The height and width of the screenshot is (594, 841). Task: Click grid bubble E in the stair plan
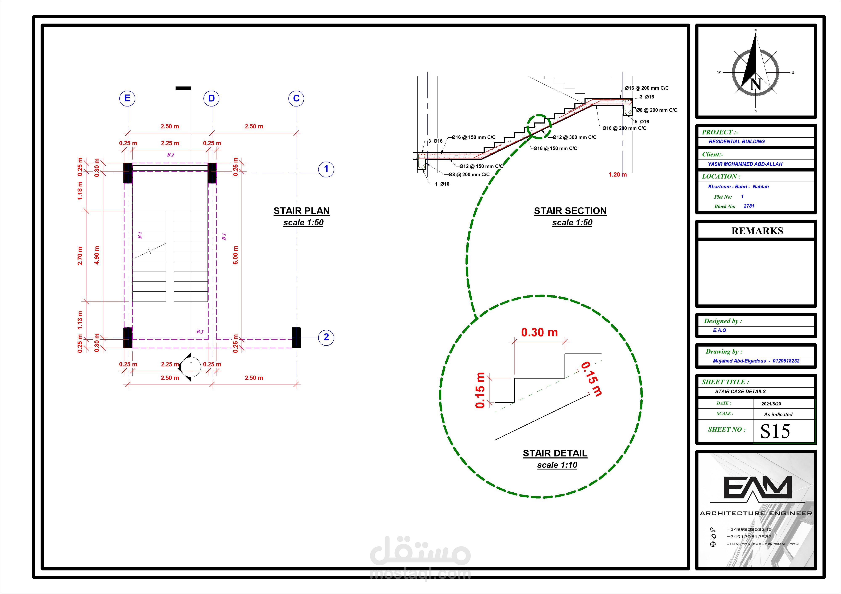127,98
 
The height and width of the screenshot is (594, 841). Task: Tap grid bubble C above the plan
296,98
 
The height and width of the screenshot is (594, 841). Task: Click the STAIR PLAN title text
301,211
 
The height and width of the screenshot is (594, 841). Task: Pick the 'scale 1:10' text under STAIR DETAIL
557,465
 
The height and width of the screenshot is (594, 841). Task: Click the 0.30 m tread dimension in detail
540,332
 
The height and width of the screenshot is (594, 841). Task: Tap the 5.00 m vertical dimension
235,255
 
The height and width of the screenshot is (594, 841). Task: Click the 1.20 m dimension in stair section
618,174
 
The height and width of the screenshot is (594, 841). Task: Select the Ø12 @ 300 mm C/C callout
574,137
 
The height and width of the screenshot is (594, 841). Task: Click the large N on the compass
755,85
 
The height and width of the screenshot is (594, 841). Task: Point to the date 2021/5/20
771,404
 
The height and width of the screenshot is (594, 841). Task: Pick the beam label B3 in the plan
200,331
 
